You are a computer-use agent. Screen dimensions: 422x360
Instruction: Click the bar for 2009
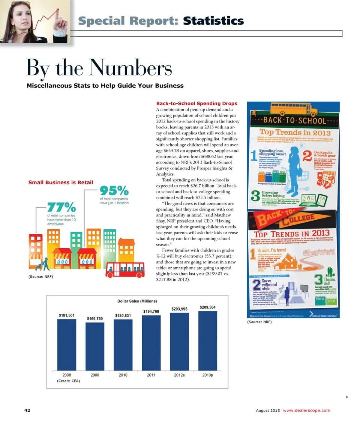click(x=95, y=346)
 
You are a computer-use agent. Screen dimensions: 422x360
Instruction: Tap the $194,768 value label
click(x=151, y=311)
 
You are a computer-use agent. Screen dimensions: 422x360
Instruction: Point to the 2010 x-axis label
click(x=123, y=375)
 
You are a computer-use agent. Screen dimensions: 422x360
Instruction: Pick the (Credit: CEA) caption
click(x=68, y=381)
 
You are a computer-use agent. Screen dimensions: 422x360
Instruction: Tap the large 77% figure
click(x=61, y=207)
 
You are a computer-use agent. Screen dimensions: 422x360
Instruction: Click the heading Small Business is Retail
click(x=61, y=183)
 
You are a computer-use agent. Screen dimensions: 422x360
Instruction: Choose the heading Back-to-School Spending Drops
click(x=196, y=103)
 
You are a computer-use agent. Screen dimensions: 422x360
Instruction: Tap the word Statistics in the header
click(x=213, y=21)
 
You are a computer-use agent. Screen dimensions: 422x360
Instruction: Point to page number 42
click(x=27, y=410)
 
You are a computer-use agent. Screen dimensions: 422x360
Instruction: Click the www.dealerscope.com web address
click(x=307, y=410)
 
